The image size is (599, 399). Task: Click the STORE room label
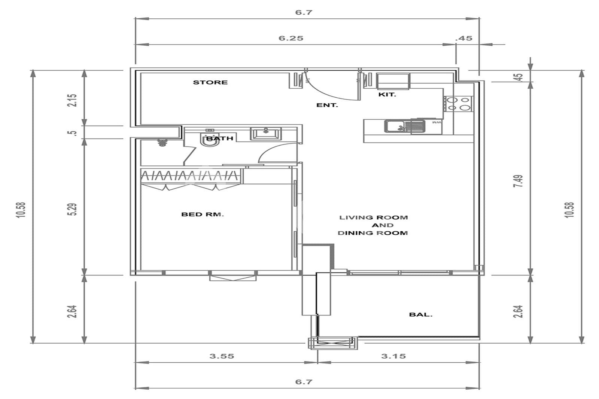210,82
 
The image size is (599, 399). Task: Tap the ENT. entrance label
327,106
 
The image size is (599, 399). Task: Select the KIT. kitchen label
387,95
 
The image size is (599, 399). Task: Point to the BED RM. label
203,214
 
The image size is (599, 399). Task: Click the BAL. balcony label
421,315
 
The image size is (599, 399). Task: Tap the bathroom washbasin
266,134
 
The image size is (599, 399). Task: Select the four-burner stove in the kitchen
458,104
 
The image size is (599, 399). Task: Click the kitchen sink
405,126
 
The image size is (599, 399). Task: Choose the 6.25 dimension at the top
291,38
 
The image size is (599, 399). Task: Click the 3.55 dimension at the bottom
222,356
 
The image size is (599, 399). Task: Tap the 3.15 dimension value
393,356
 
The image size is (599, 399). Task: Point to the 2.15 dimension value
73,101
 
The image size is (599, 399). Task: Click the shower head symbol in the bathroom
161,142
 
